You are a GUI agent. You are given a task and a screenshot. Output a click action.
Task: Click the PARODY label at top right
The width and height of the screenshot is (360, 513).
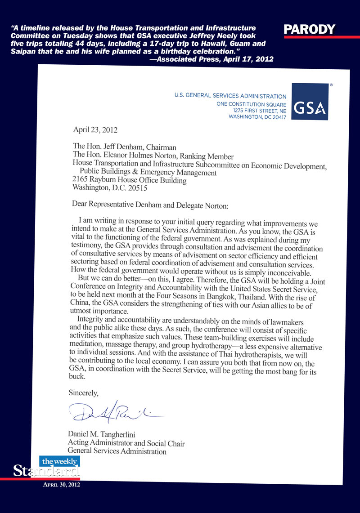point(310,30)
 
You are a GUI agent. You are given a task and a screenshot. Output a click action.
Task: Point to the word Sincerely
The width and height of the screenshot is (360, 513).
point(83,393)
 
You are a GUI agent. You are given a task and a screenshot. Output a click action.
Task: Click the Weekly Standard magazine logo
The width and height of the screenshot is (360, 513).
point(47,467)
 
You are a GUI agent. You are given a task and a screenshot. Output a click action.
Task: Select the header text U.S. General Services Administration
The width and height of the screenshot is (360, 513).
point(230,96)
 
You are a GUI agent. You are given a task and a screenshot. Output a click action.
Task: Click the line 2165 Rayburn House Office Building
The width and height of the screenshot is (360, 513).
point(129,179)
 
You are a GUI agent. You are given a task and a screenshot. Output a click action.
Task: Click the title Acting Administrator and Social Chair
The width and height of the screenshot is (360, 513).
point(126,443)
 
